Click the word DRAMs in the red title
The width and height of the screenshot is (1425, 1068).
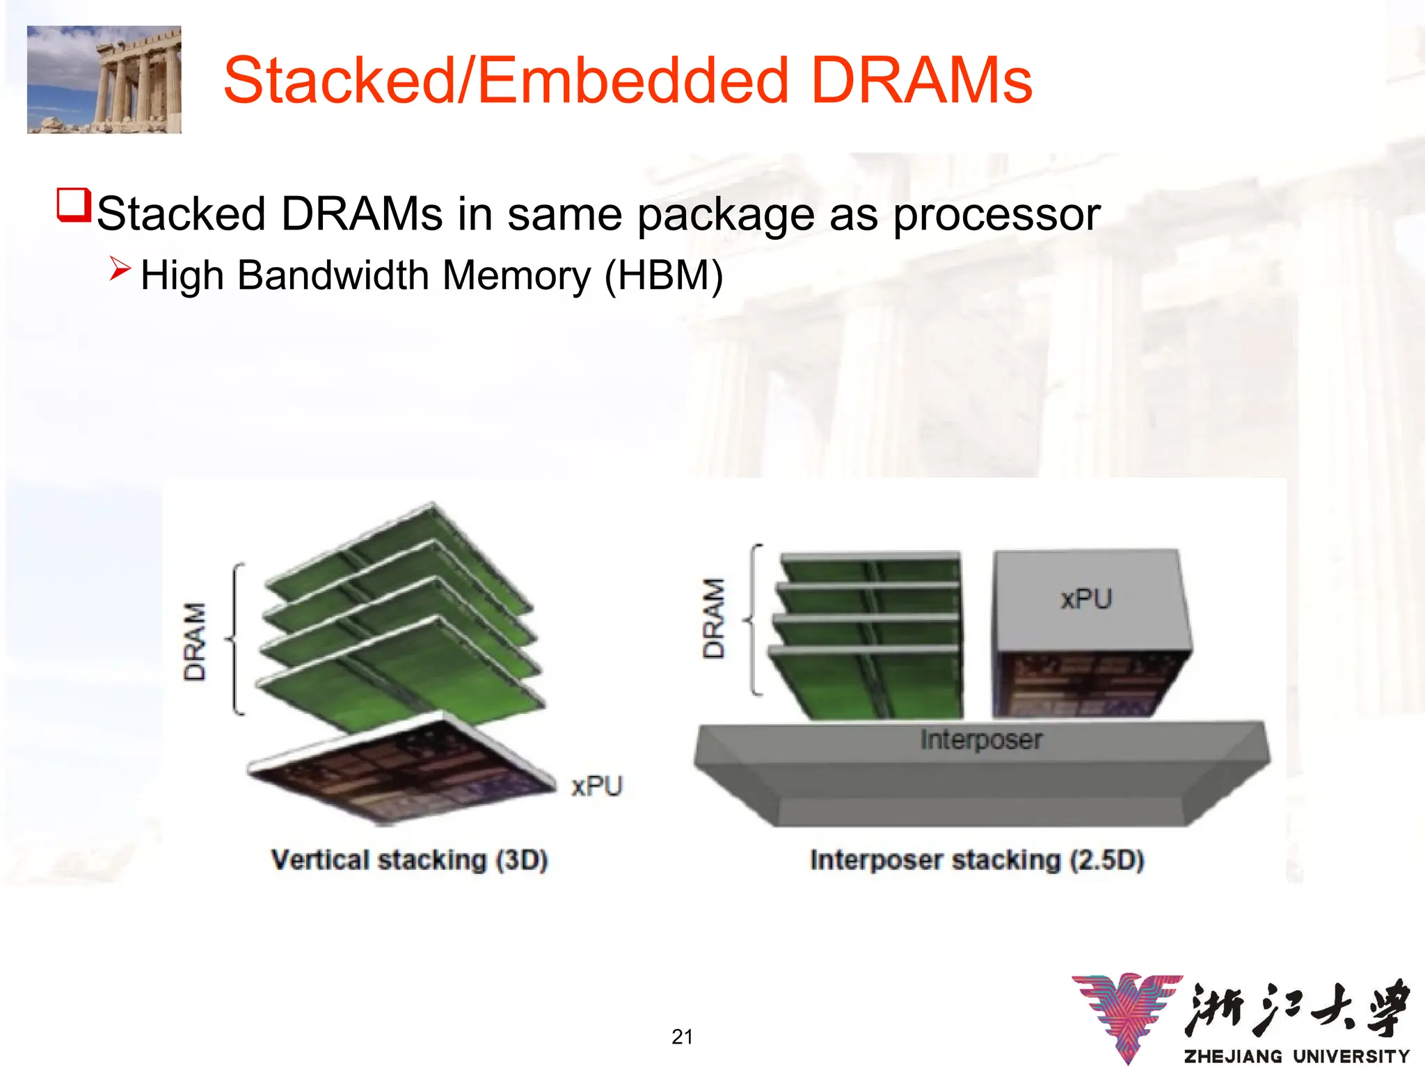point(921,81)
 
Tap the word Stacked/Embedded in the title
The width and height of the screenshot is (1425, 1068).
point(506,81)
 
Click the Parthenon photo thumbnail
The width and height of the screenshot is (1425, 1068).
point(104,80)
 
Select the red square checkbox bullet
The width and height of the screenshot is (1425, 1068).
point(74,205)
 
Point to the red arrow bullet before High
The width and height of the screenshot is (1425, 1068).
point(120,268)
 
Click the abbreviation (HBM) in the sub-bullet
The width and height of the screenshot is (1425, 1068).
point(664,275)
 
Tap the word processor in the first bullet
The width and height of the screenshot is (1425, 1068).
point(996,214)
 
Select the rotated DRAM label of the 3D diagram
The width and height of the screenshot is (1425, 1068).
point(195,641)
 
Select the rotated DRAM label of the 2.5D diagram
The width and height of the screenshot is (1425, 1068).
point(714,618)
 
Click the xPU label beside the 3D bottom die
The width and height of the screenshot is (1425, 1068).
point(597,786)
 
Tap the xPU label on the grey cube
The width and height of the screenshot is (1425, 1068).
point(1086,599)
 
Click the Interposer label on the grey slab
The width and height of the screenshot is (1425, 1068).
point(981,740)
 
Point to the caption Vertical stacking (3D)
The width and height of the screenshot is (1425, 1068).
point(409,860)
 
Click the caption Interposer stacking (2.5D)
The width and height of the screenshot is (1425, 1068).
point(977,860)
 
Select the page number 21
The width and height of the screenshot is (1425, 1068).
point(682,1037)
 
